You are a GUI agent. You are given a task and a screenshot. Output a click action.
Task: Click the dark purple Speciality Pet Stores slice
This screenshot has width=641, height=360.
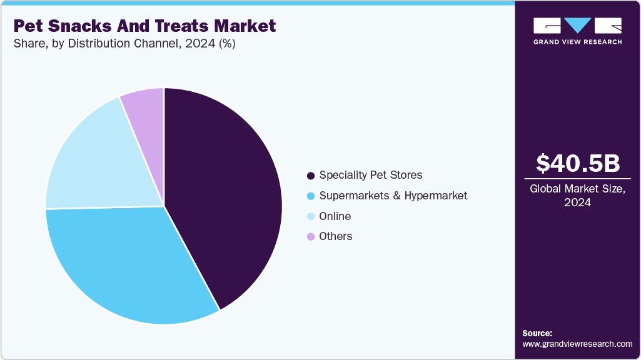pos(225,194)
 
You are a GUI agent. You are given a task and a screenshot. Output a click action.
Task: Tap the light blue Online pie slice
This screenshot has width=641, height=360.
pos(94,162)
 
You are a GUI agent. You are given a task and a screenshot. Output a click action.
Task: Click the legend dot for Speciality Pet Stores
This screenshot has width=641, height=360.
pos(311,176)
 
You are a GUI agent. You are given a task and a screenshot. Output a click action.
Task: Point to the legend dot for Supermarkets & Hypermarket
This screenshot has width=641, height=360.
pos(311,196)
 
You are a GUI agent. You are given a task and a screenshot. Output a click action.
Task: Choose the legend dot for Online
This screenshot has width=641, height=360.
pos(311,217)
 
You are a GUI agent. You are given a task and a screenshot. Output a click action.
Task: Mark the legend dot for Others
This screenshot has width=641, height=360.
pos(311,237)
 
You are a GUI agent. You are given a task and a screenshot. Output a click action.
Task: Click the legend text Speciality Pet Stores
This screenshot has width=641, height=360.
pos(371,175)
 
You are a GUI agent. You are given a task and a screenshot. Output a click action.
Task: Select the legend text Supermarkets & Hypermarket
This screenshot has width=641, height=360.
pos(393,196)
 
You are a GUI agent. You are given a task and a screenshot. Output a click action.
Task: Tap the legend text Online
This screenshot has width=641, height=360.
pos(335,216)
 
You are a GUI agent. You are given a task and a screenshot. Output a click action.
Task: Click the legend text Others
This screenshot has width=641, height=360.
pos(336,236)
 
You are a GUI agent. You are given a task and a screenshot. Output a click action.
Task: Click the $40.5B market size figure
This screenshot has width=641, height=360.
pos(578,163)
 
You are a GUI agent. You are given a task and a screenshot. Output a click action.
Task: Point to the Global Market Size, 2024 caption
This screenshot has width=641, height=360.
pos(578,196)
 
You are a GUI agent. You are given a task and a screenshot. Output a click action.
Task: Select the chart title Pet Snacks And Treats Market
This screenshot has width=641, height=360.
pos(144,26)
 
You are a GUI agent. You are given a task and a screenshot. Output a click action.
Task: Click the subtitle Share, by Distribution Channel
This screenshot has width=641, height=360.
pos(124,44)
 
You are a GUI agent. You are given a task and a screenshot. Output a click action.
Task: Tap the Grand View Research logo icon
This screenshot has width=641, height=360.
pos(577,26)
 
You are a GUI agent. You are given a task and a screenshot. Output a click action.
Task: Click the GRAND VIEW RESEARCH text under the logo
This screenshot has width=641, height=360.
pos(577,42)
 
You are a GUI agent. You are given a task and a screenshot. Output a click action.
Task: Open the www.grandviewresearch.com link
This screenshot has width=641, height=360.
pos(577,344)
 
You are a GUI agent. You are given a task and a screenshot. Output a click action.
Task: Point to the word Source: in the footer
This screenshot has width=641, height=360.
pos(537,333)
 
